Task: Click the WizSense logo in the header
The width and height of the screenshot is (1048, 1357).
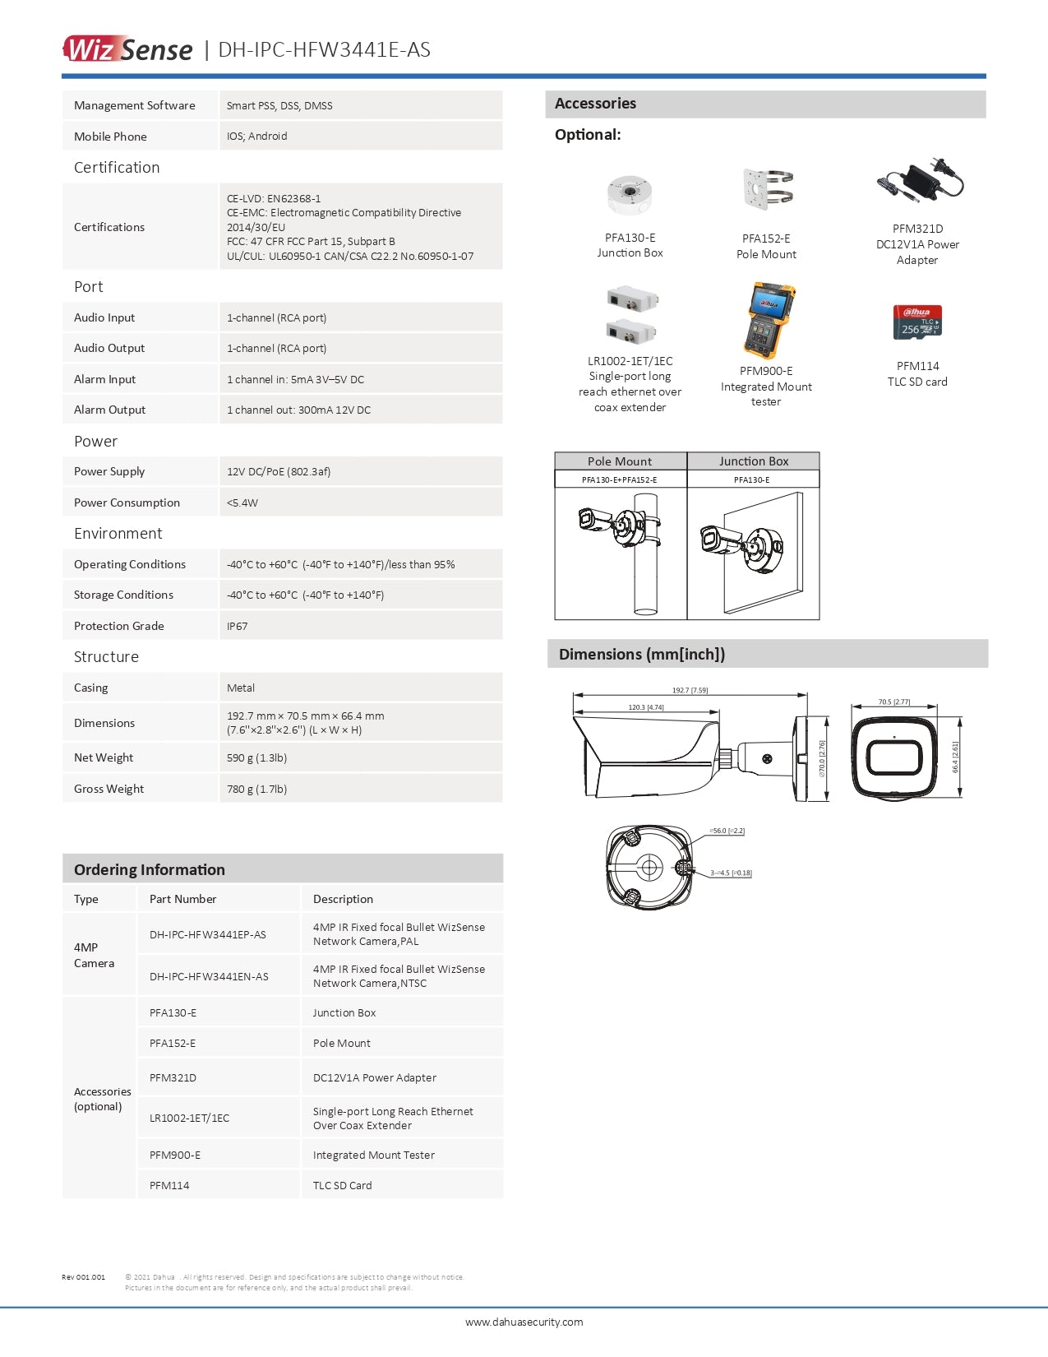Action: [128, 49]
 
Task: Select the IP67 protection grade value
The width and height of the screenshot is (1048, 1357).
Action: [238, 626]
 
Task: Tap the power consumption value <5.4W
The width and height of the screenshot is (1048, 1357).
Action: [242, 503]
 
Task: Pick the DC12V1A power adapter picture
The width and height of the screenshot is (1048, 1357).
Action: [920, 182]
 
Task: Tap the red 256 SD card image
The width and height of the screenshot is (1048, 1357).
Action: [917, 322]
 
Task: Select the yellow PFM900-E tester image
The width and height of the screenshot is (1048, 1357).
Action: [767, 320]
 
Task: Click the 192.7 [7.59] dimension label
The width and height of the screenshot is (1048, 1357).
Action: [690, 690]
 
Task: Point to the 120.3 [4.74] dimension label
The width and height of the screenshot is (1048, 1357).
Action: [646, 707]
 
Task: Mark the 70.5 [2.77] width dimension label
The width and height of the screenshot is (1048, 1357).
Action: [893, 702]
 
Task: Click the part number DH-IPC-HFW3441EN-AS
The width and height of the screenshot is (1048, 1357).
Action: [209, 976]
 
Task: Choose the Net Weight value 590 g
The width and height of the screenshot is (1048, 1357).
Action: [256, 757]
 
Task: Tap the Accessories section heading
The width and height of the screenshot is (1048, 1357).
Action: [595, 104]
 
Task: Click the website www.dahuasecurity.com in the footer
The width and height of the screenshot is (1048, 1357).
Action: [524, 1322]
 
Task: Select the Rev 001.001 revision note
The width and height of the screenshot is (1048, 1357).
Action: [83, 1277]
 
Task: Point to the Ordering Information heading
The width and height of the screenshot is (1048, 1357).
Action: [150, 869]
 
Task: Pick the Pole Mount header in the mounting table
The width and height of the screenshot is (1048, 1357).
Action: [620, 461]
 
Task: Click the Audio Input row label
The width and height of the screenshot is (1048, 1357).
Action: [104, 317]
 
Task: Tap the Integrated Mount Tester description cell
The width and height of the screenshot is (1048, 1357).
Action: [374, 1155]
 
